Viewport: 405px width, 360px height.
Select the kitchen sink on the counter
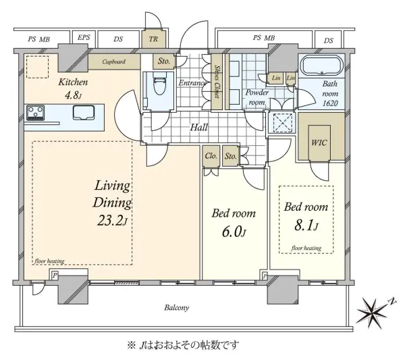pos(84,112)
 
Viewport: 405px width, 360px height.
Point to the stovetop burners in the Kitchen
pos(35,113)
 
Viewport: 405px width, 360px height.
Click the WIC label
pos(319,143)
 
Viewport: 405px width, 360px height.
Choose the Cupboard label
pos(114,61)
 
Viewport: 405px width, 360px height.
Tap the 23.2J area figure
pos(113,220)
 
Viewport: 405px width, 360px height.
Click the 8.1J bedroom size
pos(306,226)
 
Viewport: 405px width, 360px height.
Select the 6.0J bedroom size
pos(234,232)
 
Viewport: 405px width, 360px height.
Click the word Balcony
pos(177,307)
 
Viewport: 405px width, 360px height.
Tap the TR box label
pos(153,39)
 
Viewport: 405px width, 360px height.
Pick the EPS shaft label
pos(84,37)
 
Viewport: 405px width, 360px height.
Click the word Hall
pos(199,127)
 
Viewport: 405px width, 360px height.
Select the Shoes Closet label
pos(217,82)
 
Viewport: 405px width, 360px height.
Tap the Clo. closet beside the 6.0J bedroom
pos(211,156)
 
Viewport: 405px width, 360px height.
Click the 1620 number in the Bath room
pos(330,103)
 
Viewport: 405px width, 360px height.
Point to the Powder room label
pos(256,97)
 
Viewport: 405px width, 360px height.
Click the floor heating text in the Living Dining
pos(49,261)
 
